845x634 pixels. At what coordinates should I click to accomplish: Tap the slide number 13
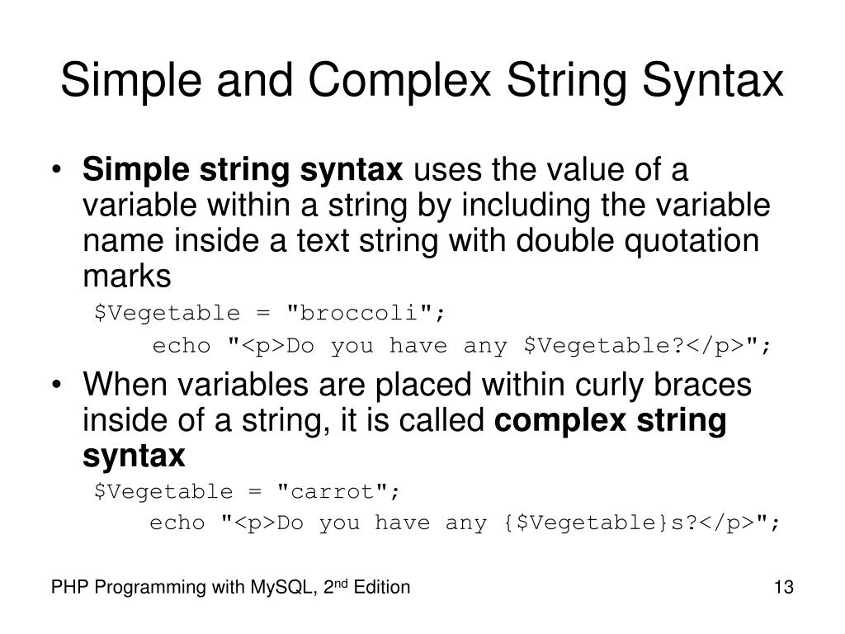point(783,588)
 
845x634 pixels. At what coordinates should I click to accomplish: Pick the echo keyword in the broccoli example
point(182,346)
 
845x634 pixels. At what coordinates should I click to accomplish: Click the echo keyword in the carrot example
point(177,523)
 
